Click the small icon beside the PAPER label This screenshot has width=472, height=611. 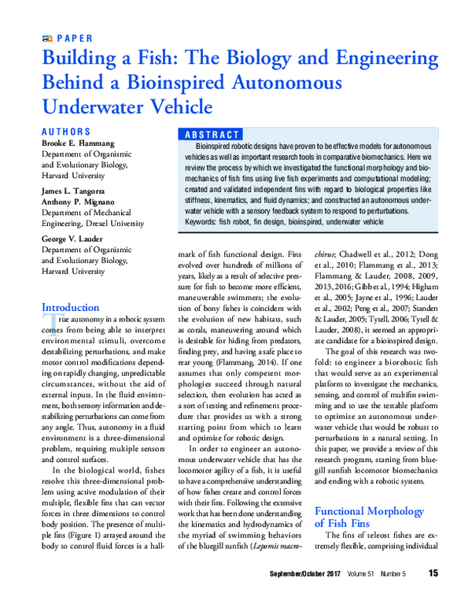46,38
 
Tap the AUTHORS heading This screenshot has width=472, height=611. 65,131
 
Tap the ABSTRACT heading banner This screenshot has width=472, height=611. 211,135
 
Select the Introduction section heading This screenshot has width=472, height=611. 70,307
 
